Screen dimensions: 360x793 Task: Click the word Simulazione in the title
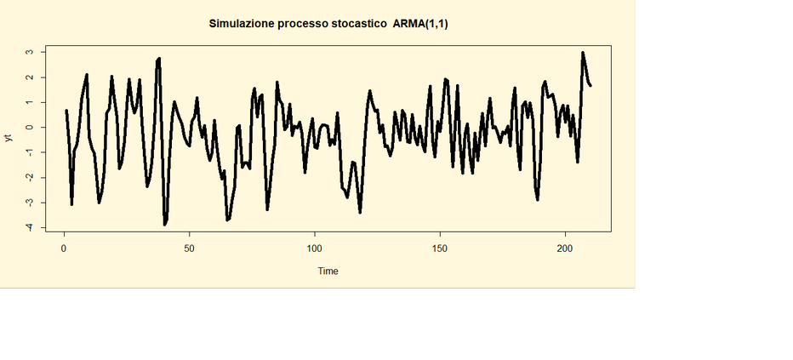[242, 24]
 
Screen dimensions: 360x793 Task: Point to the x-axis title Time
[328, 271]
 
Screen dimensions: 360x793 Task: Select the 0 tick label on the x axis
[64, 249]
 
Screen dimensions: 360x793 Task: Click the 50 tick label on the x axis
[189, 249]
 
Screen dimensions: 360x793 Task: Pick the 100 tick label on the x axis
[314, 249]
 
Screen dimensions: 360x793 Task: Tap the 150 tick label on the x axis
[440, 249]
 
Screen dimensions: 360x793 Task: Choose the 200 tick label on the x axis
[565, 249]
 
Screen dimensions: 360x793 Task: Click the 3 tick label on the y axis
[30, 52]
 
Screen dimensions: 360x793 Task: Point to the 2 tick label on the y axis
[30, 77]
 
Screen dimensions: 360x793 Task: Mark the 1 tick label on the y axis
[30, 102]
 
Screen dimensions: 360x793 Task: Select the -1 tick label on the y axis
[30, 152]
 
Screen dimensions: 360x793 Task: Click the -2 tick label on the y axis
[30, 177]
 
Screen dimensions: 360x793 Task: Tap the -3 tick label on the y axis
[30, 203]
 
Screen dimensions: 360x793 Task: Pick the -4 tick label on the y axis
[30, 227]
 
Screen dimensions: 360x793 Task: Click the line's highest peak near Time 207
[583, 53]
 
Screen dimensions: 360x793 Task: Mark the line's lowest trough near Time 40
[164, 224]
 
